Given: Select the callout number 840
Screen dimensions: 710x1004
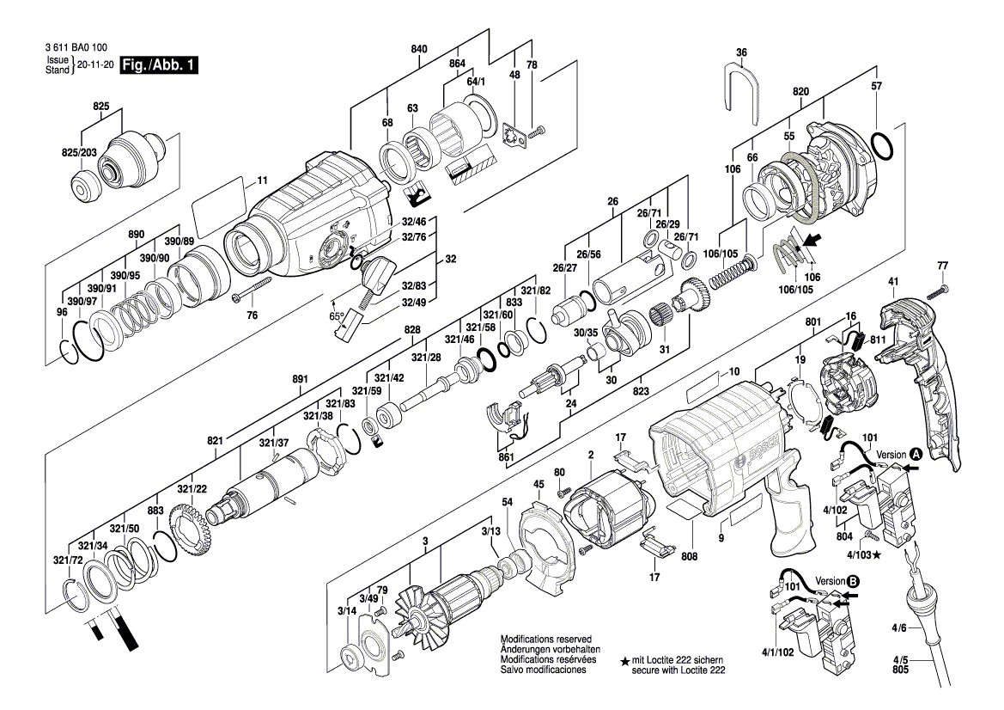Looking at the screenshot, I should click(x=419, y=50).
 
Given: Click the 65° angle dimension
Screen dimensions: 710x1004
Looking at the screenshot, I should click(x=337, y=315).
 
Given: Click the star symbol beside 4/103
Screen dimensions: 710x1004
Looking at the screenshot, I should click(x=876, y=555).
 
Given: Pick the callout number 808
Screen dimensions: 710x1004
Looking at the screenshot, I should click(x=689, y=555).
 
